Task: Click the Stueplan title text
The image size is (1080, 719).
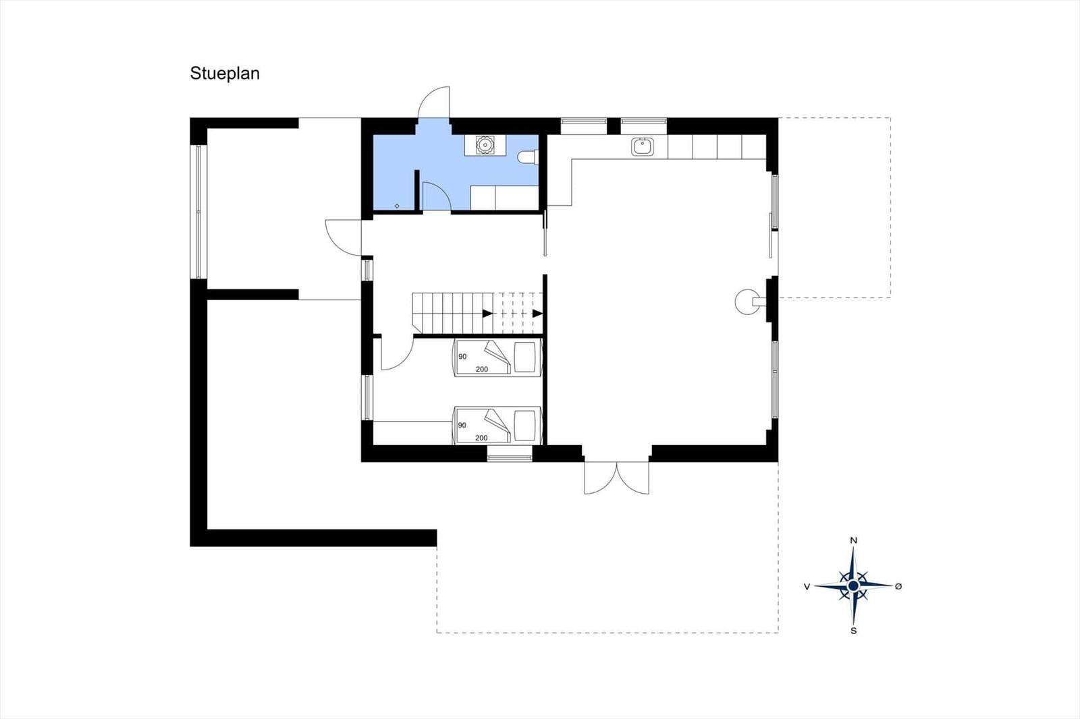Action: pyautogui.click(x=225, y=74)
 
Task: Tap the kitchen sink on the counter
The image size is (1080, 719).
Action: pyautogui.click(x=643, y=146)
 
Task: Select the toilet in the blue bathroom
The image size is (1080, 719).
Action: pyautogui.click(x=528, y=157)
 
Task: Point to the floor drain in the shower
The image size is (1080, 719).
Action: pyautogui.click(x=397, y=206)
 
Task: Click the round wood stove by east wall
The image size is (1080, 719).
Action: pyautogui.click(x=747, y=301)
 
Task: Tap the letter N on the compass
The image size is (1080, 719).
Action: pyautogui.click(x=853, y=540)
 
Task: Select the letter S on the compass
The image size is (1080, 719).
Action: pyautogui.click(x=853, y=631)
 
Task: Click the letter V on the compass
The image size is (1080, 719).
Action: pyautogui.click(x=807, y=587)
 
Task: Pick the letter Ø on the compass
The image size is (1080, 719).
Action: pyautogui.click(x=898, y=586)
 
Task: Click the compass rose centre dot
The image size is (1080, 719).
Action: pyautogui.click(x=853, y=585)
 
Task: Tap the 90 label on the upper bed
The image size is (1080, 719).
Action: pyautogui.click(x=462, y=357)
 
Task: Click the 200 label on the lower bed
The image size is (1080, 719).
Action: pyautogui.click(x=482, y=438)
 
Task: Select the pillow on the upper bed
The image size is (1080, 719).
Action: pyautogui.click(x=525, y=357)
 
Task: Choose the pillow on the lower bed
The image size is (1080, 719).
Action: pyautogui.click(x=525, y=426)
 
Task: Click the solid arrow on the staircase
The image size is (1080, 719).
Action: pyautogui.click(x=487, y=314)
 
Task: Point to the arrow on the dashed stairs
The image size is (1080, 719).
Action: pyautogui.click(x=537, y=314)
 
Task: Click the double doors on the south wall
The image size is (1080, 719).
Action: pyautogui.click(x=617, y=478)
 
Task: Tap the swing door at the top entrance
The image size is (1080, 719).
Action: pyautogui.click(x=433, y=102)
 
